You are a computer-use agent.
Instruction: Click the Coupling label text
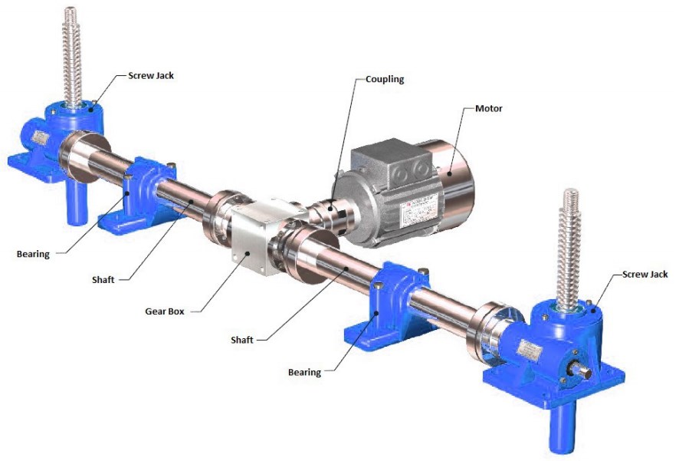click(x=384, y=79)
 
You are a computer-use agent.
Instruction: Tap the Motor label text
click(x=489, y=109)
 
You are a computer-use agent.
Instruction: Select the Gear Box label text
click(x=166, y=312)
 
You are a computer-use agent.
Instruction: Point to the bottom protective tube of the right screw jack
click(x=561, y=429)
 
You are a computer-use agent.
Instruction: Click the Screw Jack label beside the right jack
click(x=645, y=274)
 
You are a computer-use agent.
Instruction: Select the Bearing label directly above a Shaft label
click(x=31, y=254)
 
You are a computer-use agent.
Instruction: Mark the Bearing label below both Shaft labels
click(x=304, y=372)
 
